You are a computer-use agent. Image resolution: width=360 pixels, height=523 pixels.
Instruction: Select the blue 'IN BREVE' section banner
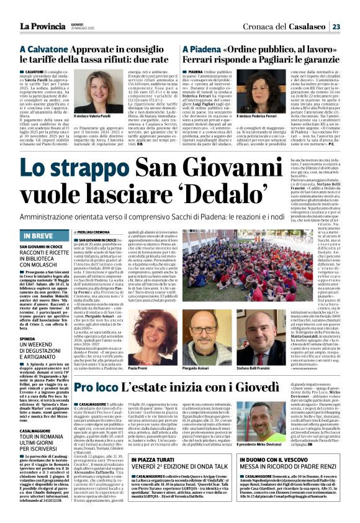[44, 218]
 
